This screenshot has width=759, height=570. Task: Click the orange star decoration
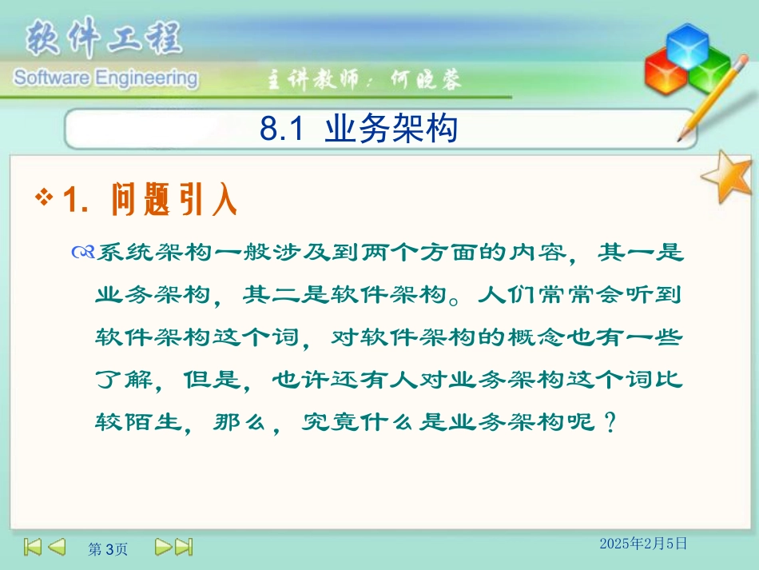tap(728, 177)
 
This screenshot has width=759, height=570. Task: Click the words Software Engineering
tap(104, 78)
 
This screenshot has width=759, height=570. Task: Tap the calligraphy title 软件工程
tap(104, 38)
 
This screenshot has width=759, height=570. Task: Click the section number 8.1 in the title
tap(282, 129)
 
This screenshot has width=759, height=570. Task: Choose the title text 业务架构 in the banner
tap(391, 129)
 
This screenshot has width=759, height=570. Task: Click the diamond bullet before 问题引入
tap(46, 197)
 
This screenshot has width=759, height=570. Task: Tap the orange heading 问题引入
tap(175, 200)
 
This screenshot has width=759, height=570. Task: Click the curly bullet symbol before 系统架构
tap(82, 254)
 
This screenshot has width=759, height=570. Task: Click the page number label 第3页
tap(107, 548)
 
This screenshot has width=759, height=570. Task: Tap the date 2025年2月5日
tap(643, 544)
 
